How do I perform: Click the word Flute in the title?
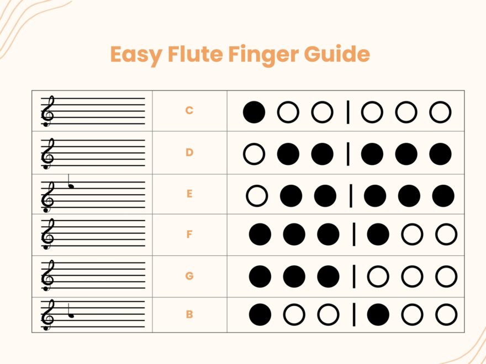[x=191, y=55]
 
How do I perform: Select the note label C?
[x=189, y=110]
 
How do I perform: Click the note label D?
[x=189, y=152]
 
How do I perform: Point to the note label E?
[x=189, y=194]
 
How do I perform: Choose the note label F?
[x=189, y=234]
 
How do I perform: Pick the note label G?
[x=189, y=276]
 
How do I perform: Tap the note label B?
[x=189, y=314]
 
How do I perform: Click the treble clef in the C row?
[x=48, y=111]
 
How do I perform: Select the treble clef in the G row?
[x=48, y=276]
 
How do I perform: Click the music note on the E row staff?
[x=71, y=184]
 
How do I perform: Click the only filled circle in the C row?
[x=254, y=113]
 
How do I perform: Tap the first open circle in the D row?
[x=254, y=154]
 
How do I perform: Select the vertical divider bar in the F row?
[x=354, y=235]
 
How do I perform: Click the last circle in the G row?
[x=446, y=276]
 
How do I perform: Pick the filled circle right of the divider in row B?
[x=378, y=315]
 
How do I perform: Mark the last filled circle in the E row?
[x=443, y=196]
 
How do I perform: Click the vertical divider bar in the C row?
[x=348, y=113]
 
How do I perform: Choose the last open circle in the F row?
[x=446, y=235]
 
